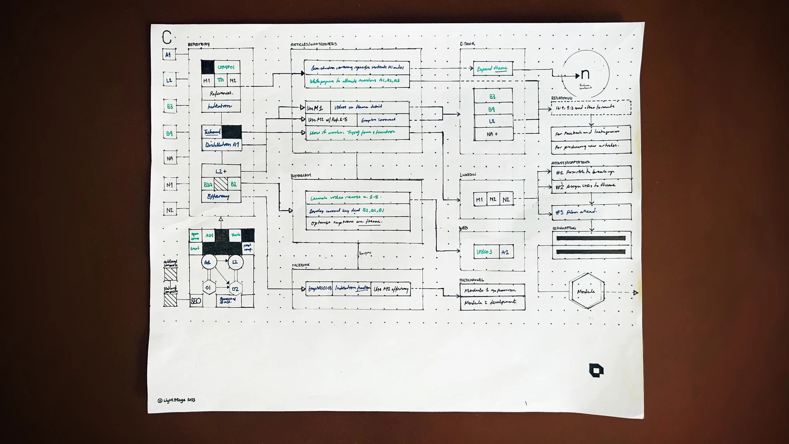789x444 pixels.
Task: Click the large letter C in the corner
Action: pos(166,38)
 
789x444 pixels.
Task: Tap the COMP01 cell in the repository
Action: pos(226,67)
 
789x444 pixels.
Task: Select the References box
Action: pos(221,93)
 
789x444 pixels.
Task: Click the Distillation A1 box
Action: pos(221,145)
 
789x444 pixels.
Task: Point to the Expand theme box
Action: pos(492,69)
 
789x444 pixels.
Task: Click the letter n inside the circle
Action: pos(585,74)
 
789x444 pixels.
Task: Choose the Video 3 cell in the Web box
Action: pos(484,252)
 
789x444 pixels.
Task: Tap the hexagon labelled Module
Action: pos(586,291)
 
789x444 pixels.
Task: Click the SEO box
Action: pos(196,301)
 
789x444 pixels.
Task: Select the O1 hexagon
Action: pos(208,288)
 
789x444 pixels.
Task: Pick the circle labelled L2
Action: pos(235,262)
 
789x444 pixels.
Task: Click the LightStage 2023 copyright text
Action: pos(176,400)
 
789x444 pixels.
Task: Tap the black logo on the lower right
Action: pos(596,370)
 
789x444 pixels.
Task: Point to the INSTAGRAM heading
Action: pos(301,176)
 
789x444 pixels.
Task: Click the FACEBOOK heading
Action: pos(301,266)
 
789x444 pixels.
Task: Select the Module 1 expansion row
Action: pos(492,290)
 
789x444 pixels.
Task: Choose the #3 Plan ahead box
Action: pos(591,212)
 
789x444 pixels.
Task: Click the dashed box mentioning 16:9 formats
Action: pos(591,108)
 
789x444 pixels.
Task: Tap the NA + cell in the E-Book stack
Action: pos(493,134)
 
